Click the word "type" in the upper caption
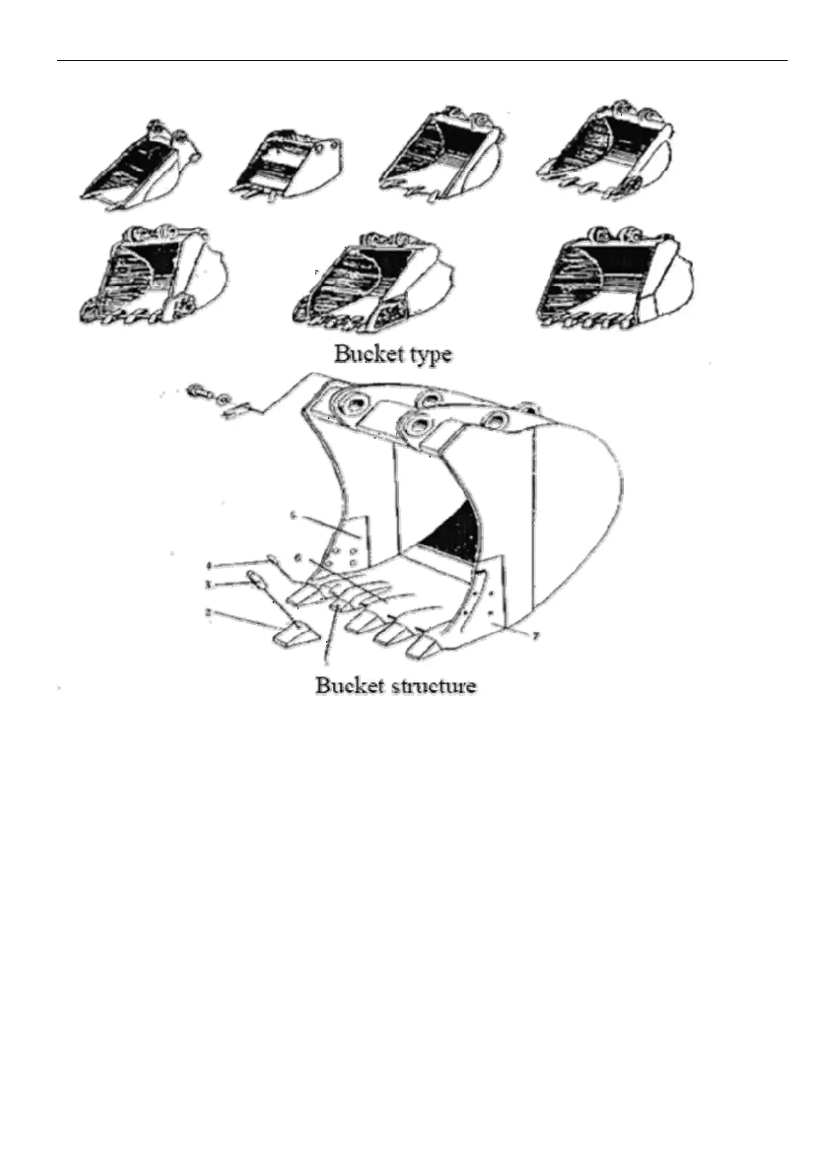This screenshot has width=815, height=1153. tap(427, 355)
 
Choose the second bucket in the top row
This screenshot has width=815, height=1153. tap(288, 165)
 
